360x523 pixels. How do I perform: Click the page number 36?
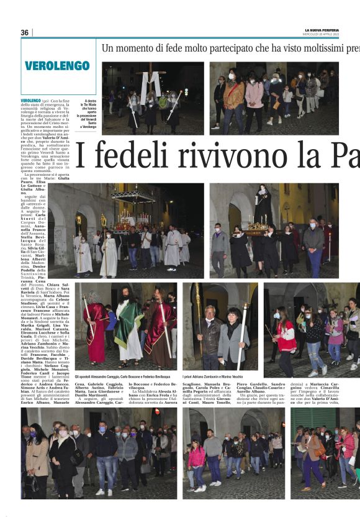(x=25, y=32)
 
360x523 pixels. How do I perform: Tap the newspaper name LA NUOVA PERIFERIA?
(x=322, y=30)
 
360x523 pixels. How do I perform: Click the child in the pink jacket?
(x=196, y=460)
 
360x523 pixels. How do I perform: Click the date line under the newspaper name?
(x=322, y=34)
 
